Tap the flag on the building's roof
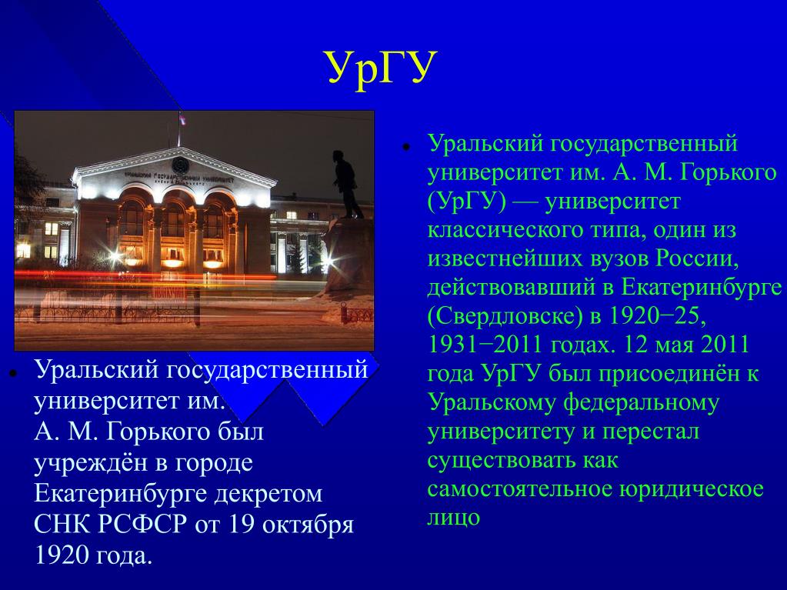click(182, 118)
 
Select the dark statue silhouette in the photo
click(346, 184)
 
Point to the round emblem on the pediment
click(180, 165)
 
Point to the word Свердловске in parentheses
click(506, 316)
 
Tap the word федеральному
click(641, 403)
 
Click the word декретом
click(268, 494)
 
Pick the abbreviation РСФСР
click(142, 525)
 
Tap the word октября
click(308, 525)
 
